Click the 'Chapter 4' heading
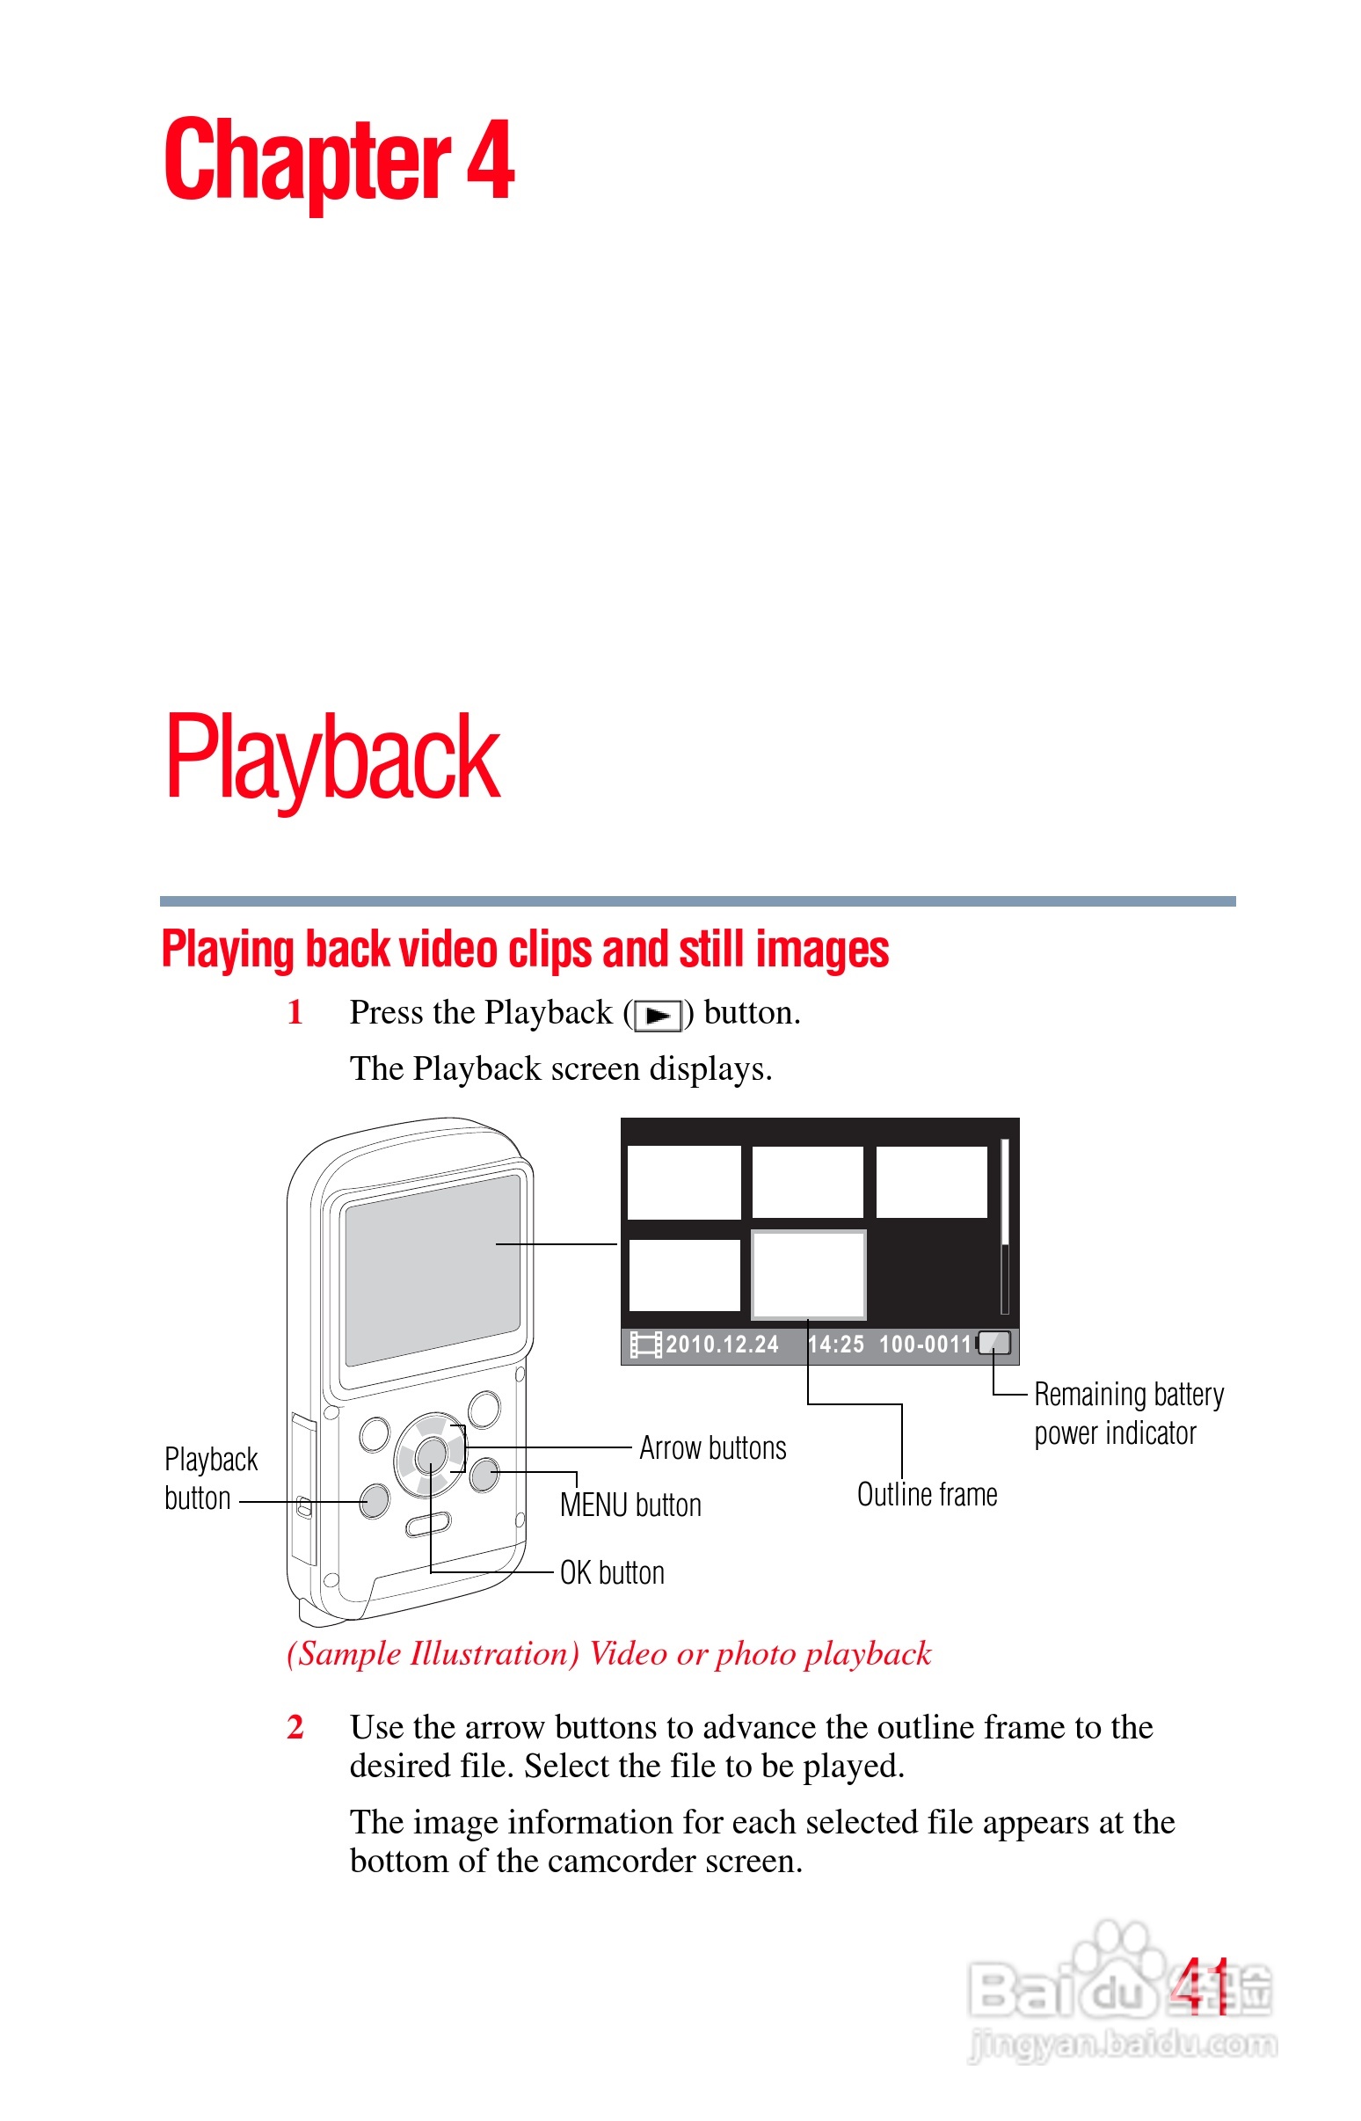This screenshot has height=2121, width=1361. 338,161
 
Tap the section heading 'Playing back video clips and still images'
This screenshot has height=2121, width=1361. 525,949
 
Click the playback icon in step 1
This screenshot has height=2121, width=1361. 659,1016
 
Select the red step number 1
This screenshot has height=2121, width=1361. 295,1013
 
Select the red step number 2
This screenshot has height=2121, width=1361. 295,1727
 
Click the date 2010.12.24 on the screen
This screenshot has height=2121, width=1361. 722,1345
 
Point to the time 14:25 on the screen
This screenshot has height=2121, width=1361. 835,1345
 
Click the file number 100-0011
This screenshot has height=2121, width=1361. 924,1345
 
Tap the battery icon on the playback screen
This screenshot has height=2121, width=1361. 994,1344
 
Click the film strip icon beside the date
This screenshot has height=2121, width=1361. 645,1345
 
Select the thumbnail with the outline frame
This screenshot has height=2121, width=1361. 808,1273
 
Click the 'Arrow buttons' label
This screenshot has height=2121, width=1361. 712,1448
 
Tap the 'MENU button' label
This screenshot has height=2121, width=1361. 630,1505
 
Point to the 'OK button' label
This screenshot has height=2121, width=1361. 612,1573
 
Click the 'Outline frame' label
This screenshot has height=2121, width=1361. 927,1494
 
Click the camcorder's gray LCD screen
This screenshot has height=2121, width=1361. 432,1271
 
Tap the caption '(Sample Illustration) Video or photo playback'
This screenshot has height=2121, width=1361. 609,1653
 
